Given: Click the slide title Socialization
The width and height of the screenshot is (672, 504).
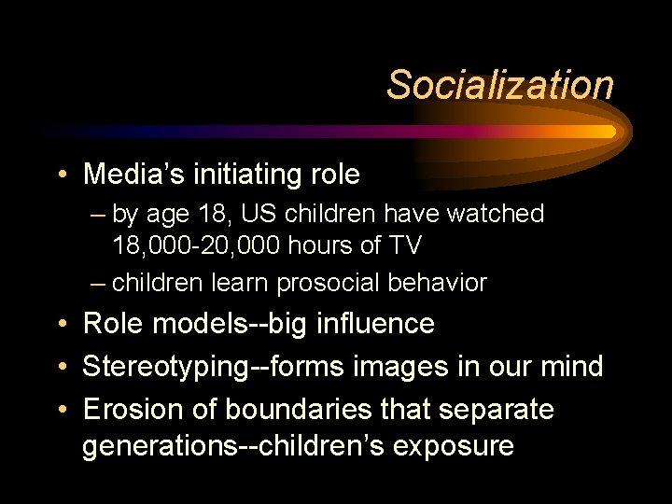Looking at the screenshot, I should pos(500,85).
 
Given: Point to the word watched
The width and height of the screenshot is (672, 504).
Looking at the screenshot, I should pos(496,214).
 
